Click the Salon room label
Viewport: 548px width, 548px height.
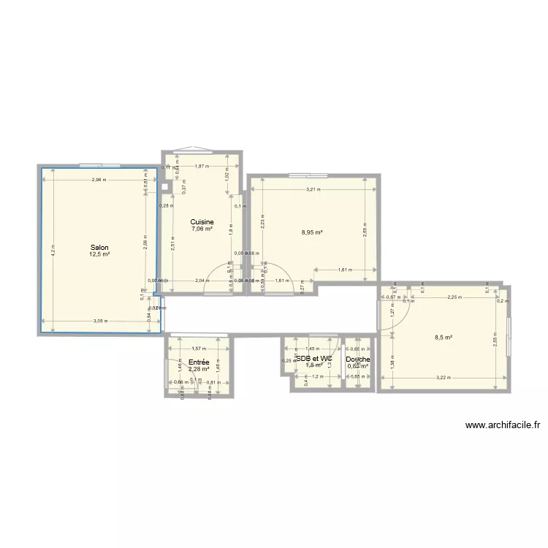(x=99, y=247)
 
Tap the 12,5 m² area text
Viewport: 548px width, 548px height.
(x=99, y=254)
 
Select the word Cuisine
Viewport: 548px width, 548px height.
(x=202, y=221)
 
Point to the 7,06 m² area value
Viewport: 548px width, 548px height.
(x=202, y=229)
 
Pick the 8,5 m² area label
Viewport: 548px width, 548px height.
(x=444, y=338)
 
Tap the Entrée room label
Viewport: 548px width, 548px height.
(x=199, y=362)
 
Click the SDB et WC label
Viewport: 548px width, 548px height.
(x=314, y=359)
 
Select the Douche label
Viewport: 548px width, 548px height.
(x=358, y=359)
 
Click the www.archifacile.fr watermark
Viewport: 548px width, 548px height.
(x=502, y=425)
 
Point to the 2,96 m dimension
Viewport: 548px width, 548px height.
(x=99, y=180)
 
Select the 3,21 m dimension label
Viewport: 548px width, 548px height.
(x=313, y=189)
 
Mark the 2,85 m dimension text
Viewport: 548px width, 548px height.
(x=365, y=233)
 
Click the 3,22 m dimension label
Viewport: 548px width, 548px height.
(x=443, y=378)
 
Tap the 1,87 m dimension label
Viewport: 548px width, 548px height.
(x=201, y=167)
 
